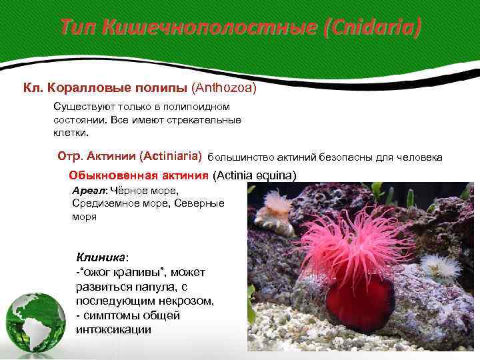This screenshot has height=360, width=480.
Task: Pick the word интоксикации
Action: tap(113, 329)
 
